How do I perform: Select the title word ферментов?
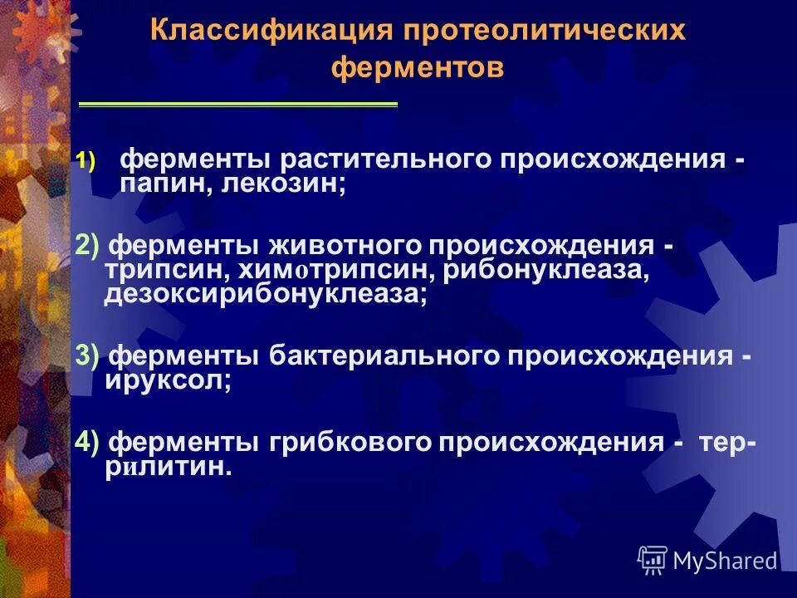coord(418,67)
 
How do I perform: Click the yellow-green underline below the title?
coord(238,105)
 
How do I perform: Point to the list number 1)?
coord(88,160)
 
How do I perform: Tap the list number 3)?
coord(87,355)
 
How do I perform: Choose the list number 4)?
coord(87,442)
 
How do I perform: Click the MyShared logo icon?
coord(653,561)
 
